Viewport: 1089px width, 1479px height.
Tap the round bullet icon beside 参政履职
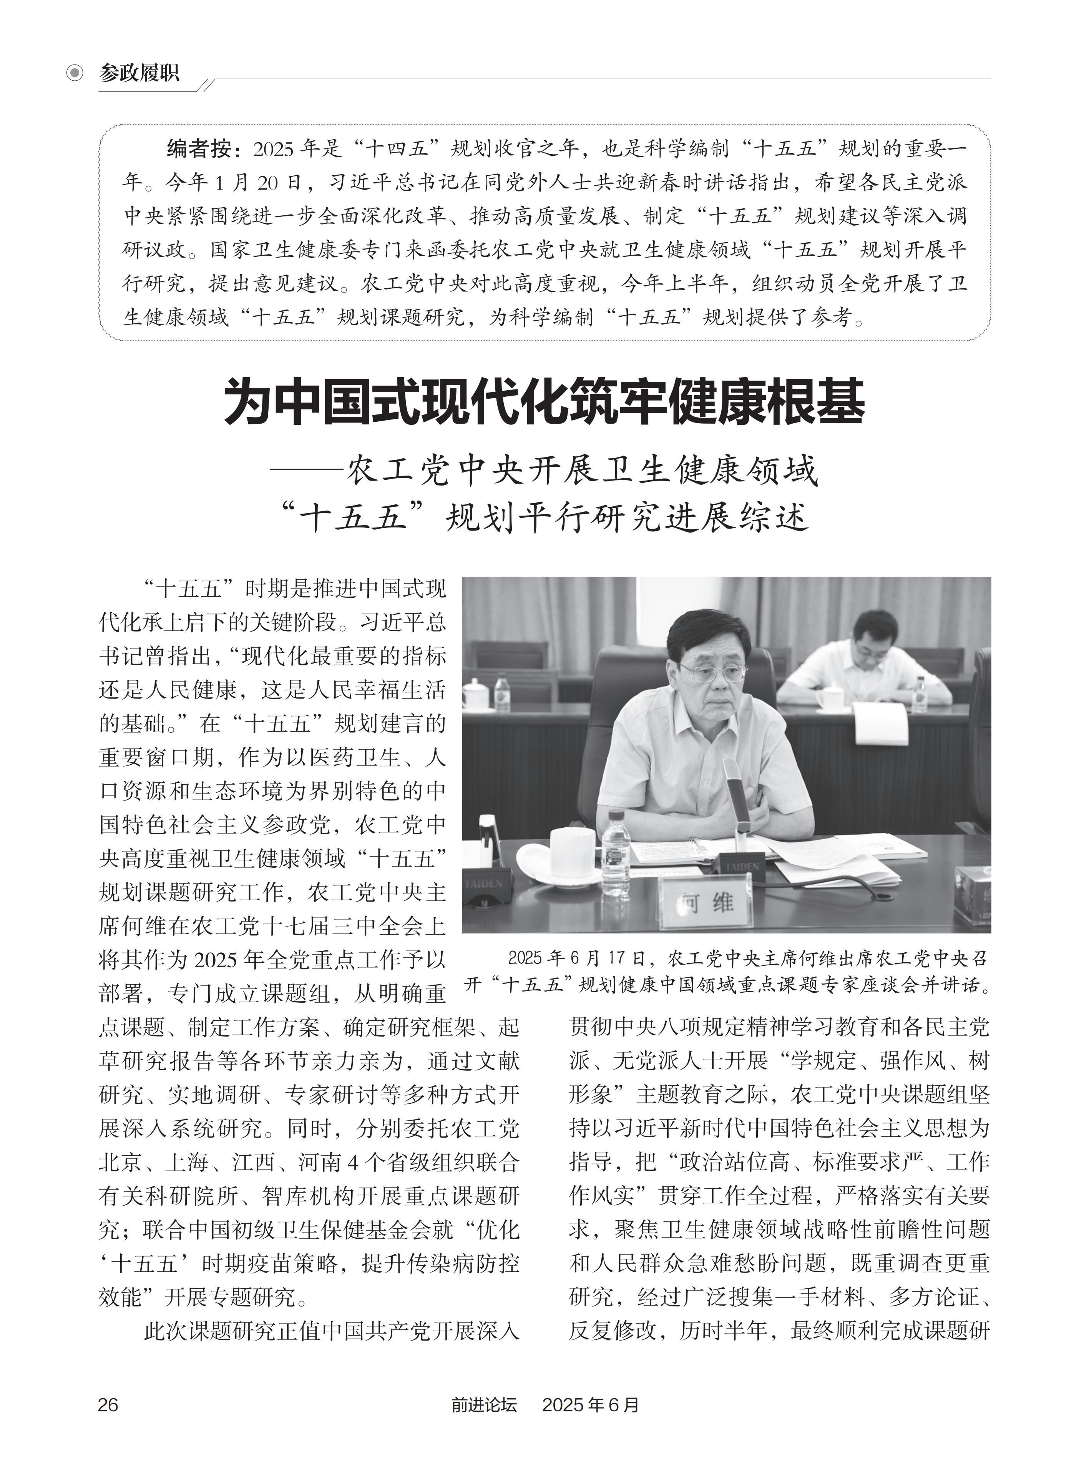coord(75,73)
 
